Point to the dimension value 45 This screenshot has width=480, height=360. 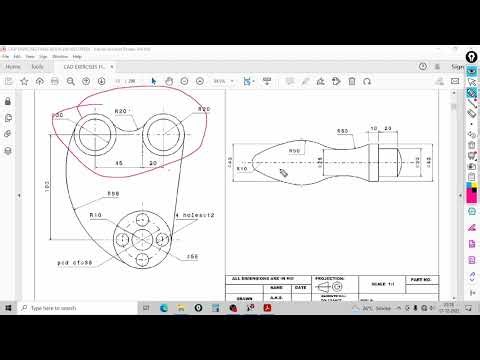click(x=120, y=162)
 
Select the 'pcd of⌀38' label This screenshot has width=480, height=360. click(x=74, y=262)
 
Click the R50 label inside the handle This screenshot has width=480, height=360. click(x=295, y=149)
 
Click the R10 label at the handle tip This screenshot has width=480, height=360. click(x=242, y=169)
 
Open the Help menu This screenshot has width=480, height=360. click(x=77, y=56)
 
